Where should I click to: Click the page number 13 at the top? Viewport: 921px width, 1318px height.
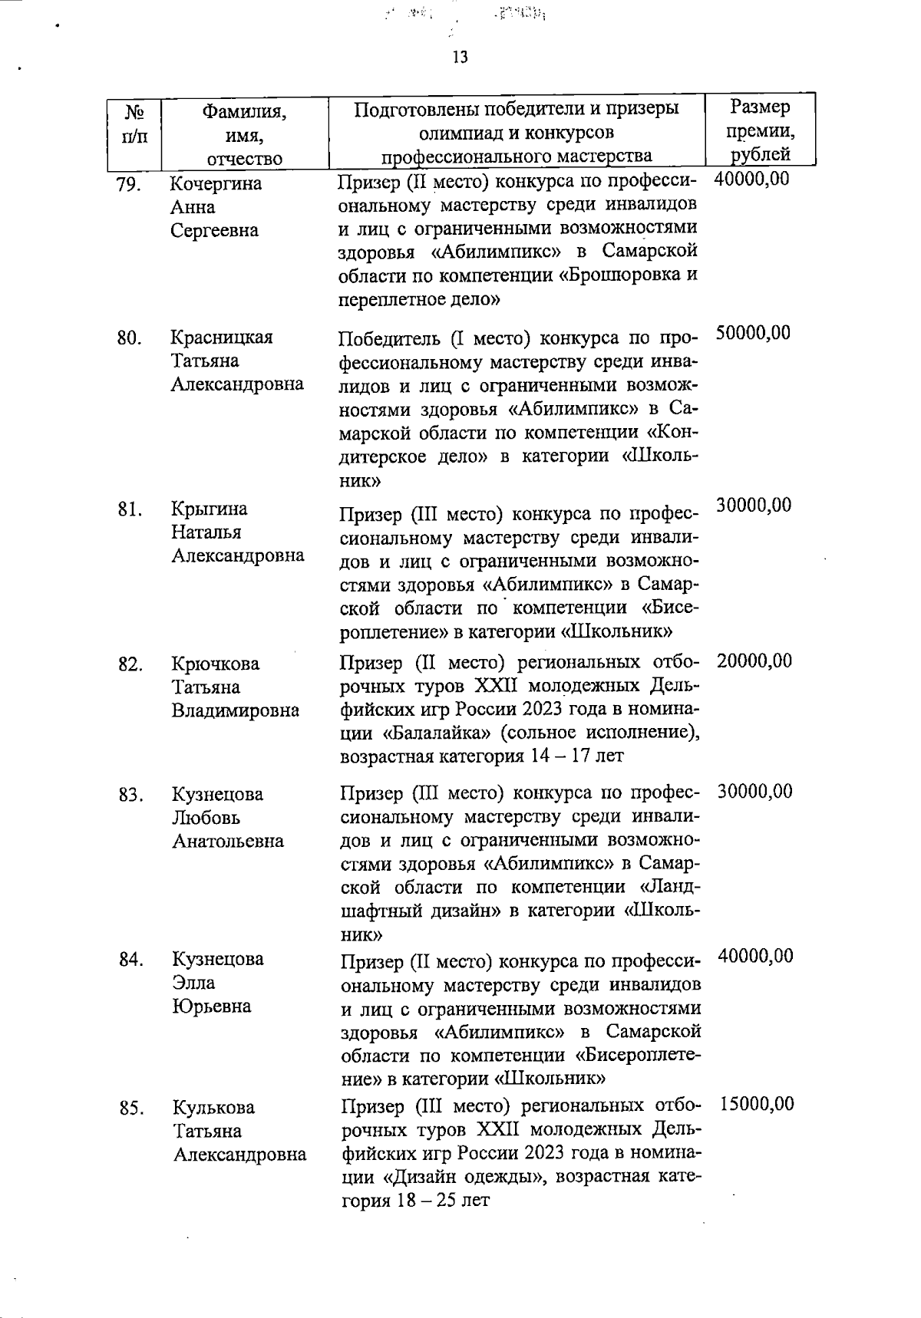(460, 58)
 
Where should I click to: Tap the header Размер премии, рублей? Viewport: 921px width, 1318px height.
(760, 130)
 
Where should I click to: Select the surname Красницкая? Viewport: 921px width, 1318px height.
(222, 338)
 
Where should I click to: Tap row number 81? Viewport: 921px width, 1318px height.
(129, 509)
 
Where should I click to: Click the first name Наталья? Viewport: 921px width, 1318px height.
(206, 532)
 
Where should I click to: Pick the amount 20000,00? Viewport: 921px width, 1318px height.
(754, 661)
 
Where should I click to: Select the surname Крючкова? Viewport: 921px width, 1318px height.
(216, 664)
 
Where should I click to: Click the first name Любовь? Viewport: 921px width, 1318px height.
(206, 818)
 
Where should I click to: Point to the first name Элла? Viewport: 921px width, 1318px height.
(193, 983)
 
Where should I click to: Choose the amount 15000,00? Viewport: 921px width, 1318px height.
(757, 1104)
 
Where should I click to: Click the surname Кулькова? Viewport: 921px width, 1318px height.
(213, 1108)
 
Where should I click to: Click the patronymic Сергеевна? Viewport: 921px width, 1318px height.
(214, 230)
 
